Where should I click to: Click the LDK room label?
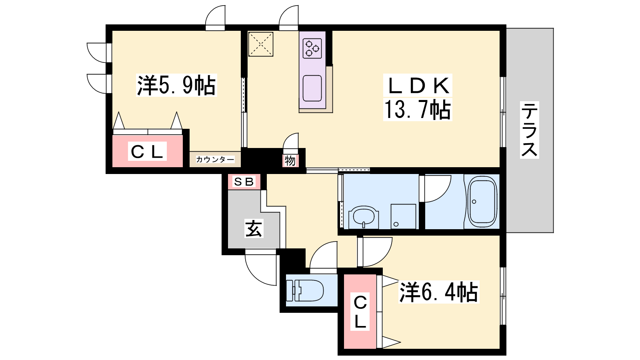(x=418, y=86)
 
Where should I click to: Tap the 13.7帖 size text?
(x=418, y=110)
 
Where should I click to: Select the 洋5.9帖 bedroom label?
(x=176, y=85)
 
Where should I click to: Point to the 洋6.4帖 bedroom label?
(x=438, y=292)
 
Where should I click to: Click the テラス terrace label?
(x=529, y=130)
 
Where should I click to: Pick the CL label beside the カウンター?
(x=148, y=152)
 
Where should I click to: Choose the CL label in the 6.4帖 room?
(x=360, y=312)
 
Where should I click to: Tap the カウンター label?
(x=215, y=160)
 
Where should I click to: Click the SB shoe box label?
(x=244, y=182)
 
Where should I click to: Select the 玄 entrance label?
(x=254, y=228)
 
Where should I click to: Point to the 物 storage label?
(x=290, y=161)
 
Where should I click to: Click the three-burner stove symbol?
(x=312, y=48)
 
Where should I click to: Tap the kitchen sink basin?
(x=312, y=88)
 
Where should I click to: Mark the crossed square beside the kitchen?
(x=260, y=44)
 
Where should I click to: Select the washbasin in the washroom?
(x=364, y=218)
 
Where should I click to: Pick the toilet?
(x=304, y=290)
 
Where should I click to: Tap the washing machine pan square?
(x=403, y=216)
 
